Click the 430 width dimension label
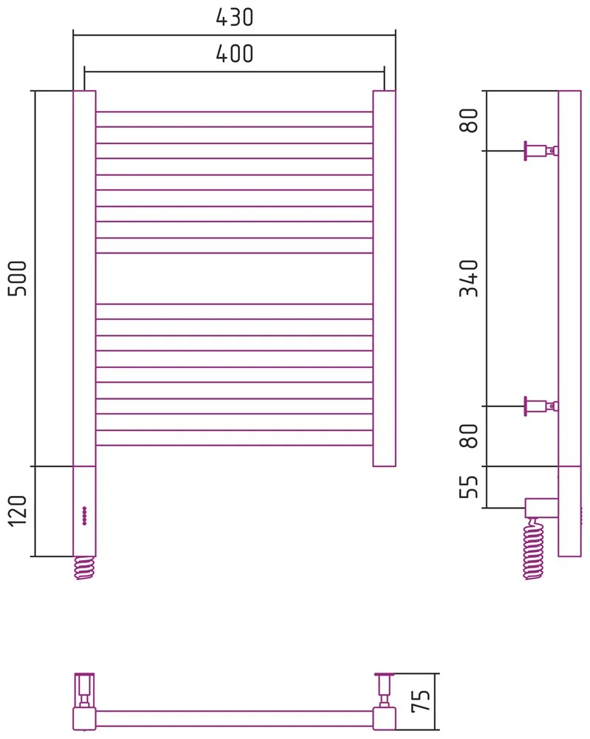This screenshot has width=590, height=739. (x=235, y=18)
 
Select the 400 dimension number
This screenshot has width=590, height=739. (x=235, y=54)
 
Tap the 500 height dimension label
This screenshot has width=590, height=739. (x=18, y=278)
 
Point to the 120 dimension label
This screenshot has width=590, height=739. (x=18, y=511)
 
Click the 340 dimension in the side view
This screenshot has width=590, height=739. (x=468, y=278)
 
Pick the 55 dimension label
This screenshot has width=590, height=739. (x=468, y=487)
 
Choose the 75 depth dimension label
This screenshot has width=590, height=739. (x=420, y=701)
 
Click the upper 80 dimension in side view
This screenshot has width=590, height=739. (x=468, y=120)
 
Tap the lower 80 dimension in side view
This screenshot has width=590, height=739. (x=468, y=435)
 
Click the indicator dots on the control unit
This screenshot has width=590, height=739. (x=84, y=516)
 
